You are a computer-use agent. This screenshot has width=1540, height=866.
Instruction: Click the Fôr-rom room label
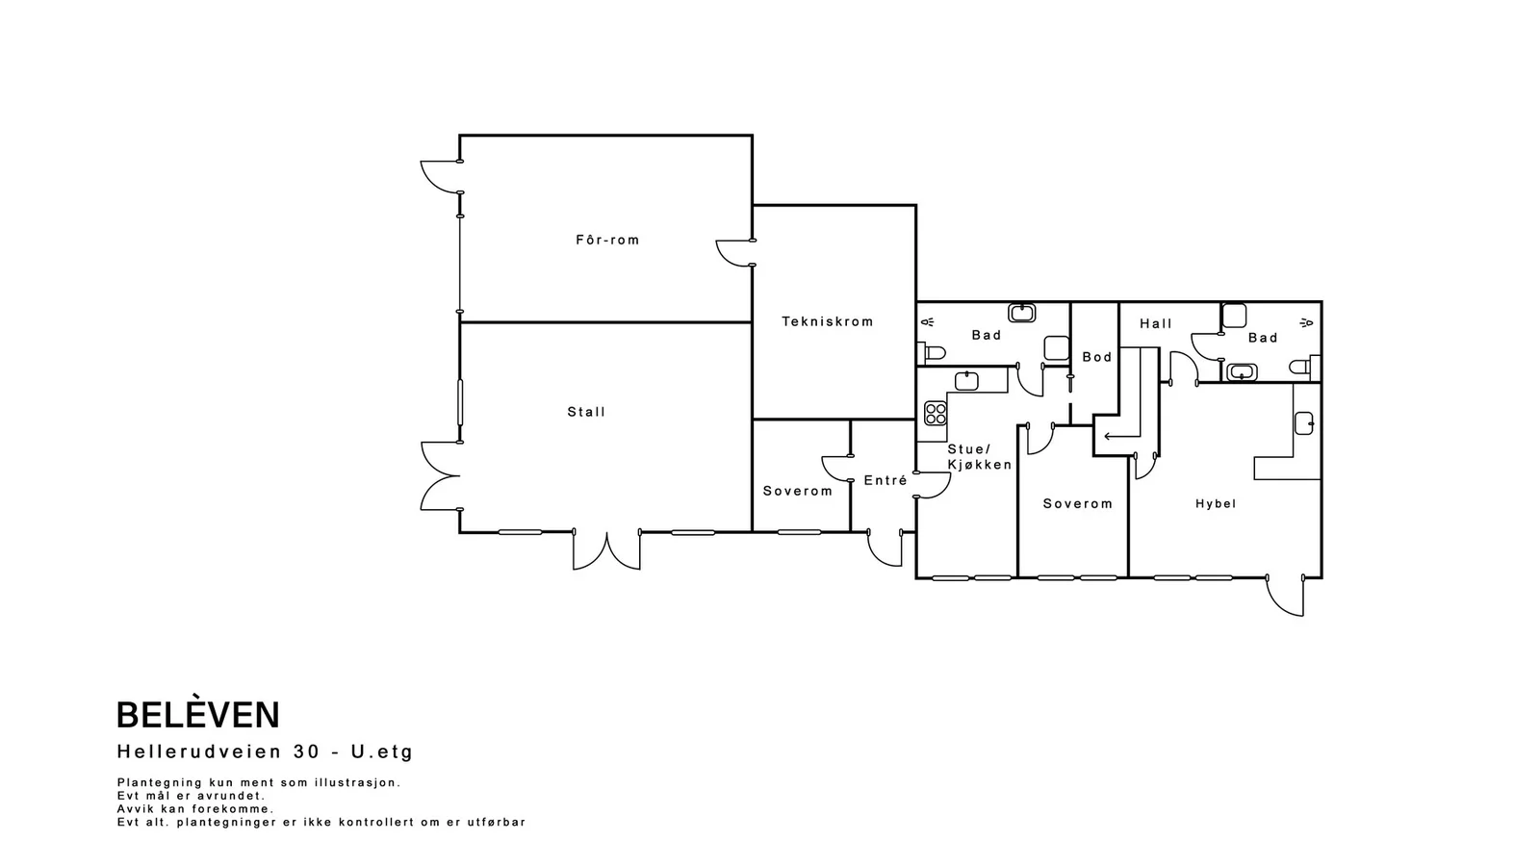click(x=607, y=240)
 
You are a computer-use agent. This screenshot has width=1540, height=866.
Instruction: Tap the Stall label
click(x=586, y=412)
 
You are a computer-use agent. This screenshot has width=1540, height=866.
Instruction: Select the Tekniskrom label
click(x=828, y=321)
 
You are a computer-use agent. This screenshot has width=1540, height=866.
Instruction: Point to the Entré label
click(x=885, y=480)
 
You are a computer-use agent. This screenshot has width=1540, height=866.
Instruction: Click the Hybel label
click(x=1216, y=504)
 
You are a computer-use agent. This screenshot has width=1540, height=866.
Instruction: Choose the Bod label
click(x=1097, y=357)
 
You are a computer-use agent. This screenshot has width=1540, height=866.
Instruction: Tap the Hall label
click(x=1156, y=323)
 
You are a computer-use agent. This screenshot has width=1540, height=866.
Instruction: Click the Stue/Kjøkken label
click(x=980, y=457)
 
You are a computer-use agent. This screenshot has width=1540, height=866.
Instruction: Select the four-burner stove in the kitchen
click(x=936, y=413)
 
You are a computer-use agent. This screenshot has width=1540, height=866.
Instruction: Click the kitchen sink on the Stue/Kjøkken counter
click(x=966, y=381)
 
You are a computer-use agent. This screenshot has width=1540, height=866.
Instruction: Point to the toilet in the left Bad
click(x=933, y=352)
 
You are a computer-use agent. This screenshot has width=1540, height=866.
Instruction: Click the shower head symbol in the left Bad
click(x=928, y=321)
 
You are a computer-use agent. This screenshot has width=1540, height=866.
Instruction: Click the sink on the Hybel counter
click(x=1304, y=422)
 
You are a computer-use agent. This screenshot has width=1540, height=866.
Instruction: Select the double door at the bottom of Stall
click(x=607, y=549)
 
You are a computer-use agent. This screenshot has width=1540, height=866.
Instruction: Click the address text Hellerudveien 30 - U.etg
click(x=265, y=751)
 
